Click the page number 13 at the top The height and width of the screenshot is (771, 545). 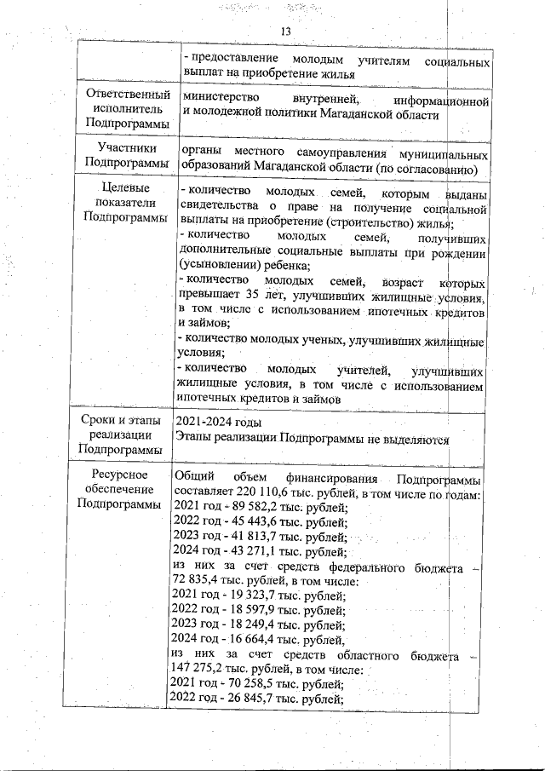coord(285,32)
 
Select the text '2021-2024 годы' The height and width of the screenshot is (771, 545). coord(218,423)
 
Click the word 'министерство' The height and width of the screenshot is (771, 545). coord(222,101)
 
